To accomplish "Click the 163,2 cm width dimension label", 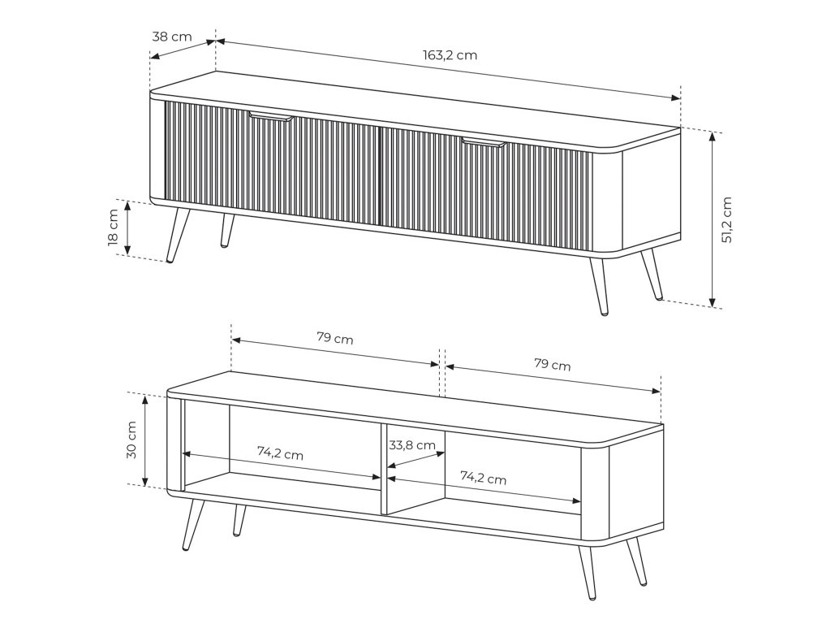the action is (x=450, y=54).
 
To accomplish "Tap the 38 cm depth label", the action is (x=172, y=37).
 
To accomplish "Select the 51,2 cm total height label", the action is (x=726, y=219).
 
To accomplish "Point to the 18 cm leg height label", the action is (x=113, y=227).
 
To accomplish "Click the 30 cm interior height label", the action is (x=131, y=440).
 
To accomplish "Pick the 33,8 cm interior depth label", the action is (x=412, y=445).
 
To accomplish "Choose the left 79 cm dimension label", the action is (x=335, y=337).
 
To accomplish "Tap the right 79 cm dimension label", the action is (x=552, y=365).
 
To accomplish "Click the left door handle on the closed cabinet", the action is (x=270, y=117).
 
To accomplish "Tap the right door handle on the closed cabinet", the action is (x=484, y=143).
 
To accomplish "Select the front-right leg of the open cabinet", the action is (x=588, y=572).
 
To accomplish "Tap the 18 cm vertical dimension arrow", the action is (x=127, y=227).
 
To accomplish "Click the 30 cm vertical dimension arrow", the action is (x=144, y=440).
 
